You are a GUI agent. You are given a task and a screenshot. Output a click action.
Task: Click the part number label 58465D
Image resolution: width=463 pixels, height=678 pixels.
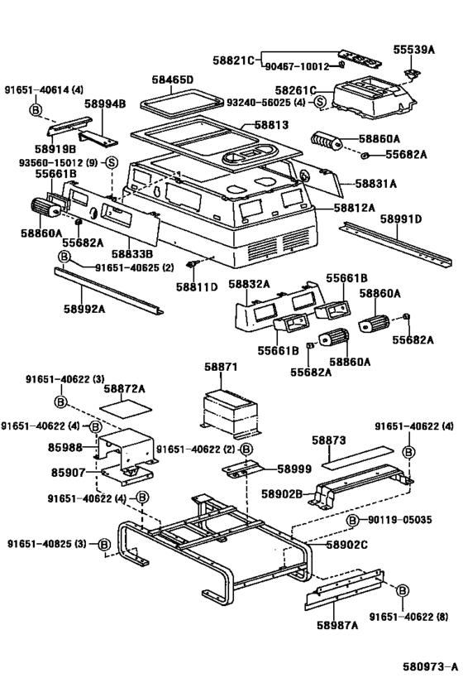(172, 79)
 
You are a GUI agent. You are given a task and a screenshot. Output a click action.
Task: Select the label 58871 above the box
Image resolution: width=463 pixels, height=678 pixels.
(222, 365)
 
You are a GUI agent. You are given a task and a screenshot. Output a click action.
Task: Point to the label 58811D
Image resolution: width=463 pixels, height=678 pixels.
(196, 286)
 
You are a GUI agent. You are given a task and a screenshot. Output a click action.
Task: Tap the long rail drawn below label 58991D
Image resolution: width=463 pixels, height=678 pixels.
(397, 242)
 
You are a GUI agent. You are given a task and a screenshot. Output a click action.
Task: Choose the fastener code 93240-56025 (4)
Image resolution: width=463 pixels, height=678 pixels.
(266, 103)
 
